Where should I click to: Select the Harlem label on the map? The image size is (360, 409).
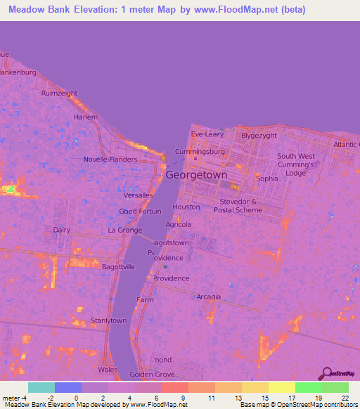[86, 117]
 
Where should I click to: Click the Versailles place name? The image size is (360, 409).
[137, 195]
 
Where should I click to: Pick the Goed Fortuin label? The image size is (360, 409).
[140, 211]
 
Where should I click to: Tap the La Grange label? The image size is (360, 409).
[124, 230]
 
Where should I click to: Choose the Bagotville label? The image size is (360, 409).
[118, 267]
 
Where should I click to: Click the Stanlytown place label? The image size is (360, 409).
[108, 320]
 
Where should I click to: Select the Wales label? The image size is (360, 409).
[108, 369]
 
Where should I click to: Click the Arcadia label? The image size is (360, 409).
[209, 297]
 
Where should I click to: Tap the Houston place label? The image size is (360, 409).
[186, 207]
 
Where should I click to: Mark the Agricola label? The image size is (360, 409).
[179, 225]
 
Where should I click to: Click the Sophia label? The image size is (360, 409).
[267, 178]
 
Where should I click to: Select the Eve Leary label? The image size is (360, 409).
[207, 134]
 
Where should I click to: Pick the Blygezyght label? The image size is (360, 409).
[259, 135]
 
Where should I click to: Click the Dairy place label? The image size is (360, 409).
[62, 229]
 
